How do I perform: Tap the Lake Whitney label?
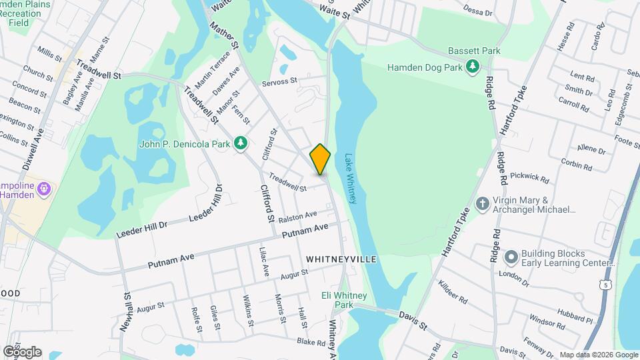[x=351, y=179]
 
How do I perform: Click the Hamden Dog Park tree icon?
[x=473, y=67]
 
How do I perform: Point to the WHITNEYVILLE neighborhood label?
[x=341, y=259]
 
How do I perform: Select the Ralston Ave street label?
[x=297, y=217]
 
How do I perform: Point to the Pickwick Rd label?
[x=531, y=177]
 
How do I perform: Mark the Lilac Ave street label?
[x=263, y=261]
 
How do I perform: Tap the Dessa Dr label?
[x=477, y=13]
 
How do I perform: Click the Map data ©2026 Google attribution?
[x=598, y=355]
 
